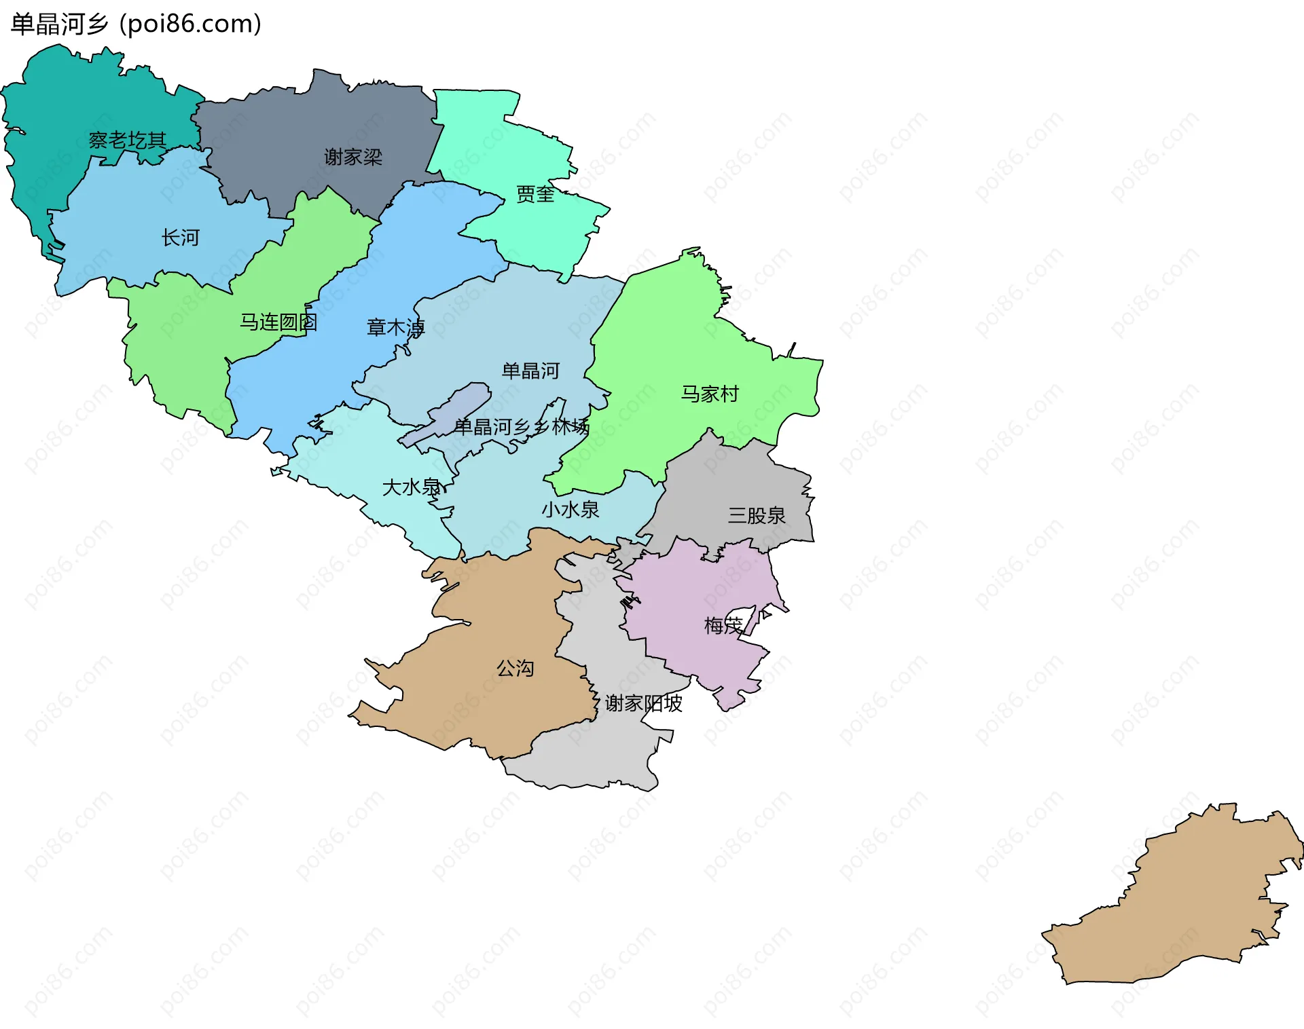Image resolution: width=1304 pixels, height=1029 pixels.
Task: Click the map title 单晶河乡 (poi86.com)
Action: [136, 24]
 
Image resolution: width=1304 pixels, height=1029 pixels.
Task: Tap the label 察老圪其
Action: [128, 141]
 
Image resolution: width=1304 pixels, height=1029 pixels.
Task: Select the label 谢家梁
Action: [353, 157]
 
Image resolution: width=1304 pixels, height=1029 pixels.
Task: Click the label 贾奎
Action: [535, 195]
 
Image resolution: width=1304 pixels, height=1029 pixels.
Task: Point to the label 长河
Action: [181, 238]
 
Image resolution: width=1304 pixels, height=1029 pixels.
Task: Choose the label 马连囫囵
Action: [278, 322]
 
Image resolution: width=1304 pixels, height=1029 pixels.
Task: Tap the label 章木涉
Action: [395, 328]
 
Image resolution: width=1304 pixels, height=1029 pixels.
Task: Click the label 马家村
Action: [710, 394]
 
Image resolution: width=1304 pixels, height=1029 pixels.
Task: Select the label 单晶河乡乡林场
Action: [522, 427]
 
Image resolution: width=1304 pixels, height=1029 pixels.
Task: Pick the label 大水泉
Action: [412, 487]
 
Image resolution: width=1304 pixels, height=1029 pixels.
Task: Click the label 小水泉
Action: [570, 509]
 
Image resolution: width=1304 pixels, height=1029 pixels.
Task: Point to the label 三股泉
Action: [757, 515]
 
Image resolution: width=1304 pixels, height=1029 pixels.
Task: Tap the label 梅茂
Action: [723, 625]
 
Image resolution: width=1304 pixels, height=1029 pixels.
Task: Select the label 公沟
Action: [515, 669]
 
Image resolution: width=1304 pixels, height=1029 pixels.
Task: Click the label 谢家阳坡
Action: [643, 703]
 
